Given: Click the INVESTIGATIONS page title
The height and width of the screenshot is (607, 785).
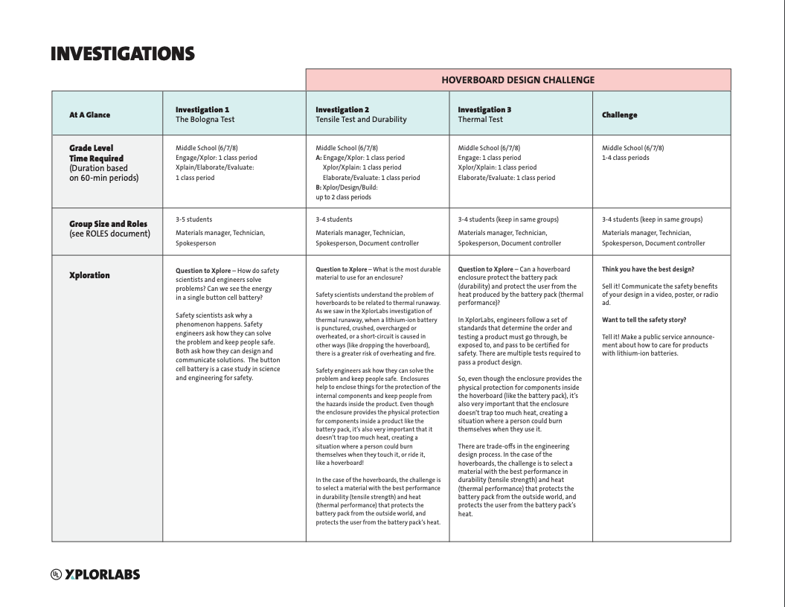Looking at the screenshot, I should (123, 54).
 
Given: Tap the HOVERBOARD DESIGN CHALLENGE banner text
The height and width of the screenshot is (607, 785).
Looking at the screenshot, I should (518, 80).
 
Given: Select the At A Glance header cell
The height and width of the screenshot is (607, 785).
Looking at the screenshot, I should (89, 115).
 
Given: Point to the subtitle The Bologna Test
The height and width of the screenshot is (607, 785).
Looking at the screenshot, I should (205, 119).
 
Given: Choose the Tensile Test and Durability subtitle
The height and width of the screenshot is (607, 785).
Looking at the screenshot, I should (361, 119).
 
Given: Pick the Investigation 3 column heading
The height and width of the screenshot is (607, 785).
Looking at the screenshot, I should (484, 109).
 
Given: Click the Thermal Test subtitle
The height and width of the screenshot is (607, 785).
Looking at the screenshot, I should (480, 119).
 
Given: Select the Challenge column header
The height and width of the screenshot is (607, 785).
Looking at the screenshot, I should (619, 115).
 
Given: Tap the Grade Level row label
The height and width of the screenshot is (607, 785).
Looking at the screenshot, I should (92, 148).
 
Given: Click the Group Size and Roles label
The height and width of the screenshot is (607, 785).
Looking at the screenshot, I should (108, 224).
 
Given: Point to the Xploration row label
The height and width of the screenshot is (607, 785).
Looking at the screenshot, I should (89, 275).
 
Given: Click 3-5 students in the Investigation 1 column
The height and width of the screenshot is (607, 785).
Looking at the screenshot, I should (193, 219).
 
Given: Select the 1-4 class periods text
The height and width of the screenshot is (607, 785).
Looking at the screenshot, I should (625, 158).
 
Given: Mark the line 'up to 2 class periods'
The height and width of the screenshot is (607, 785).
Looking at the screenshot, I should (343, 197).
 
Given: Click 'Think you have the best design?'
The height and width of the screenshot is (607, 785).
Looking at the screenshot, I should (647, 269).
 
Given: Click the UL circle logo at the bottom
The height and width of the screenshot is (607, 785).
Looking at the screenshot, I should (56, 574).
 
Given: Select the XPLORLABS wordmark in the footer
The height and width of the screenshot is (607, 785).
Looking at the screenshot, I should (102, 574).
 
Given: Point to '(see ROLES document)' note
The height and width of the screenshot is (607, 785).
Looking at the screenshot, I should (109, 234).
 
